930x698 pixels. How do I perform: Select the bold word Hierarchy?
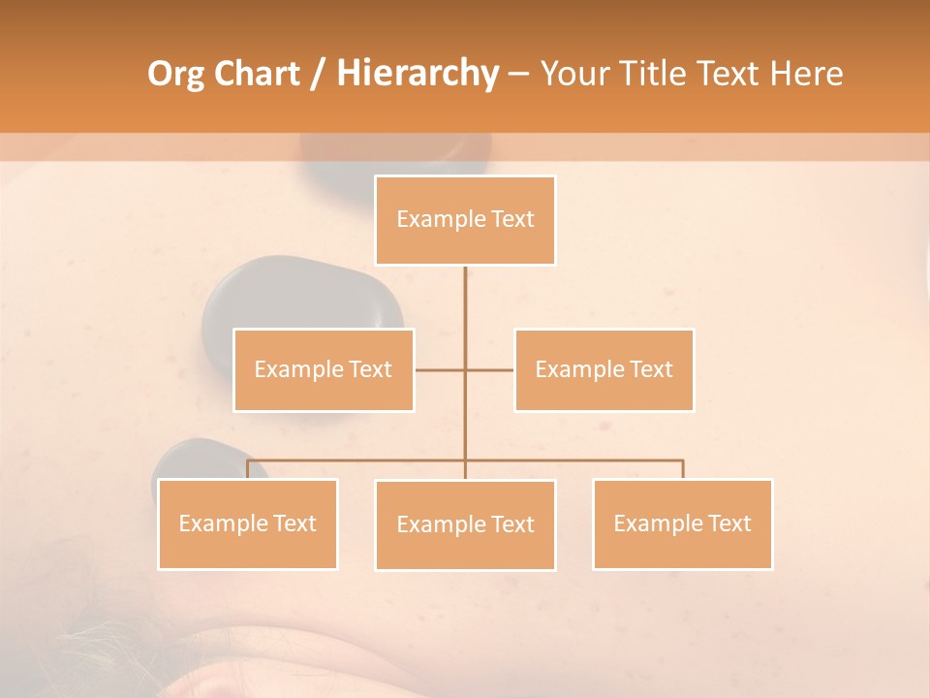point(417,74)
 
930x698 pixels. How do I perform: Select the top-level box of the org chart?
point(465,220)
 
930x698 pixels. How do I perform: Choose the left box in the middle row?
point(324,369)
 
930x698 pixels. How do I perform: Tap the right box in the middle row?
point(604,369)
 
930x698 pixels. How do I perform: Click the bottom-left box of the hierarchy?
point(248,523)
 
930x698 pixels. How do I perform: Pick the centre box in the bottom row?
point(465,524)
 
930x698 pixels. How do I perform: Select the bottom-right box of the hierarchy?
point(683,523)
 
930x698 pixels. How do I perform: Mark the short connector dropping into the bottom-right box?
point(683,469)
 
